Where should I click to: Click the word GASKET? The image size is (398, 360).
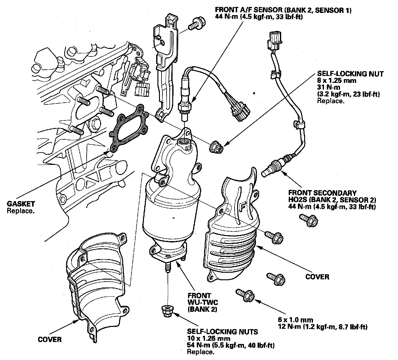pos(21,204)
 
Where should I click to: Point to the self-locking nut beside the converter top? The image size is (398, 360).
pos(216,147)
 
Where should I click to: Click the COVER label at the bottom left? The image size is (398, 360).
pos(49,340)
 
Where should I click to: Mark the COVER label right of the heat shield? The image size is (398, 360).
pos(317,277)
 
